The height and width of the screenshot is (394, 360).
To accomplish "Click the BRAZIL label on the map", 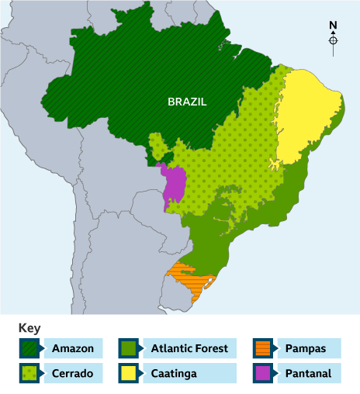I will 188,102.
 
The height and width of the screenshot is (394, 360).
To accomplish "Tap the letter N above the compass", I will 333,25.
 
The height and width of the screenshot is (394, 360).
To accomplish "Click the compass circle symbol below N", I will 333,40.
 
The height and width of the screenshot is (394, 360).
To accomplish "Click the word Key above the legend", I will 29,328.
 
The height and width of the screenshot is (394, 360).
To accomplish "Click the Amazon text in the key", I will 72,348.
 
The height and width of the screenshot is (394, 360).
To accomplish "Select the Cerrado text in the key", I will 72,373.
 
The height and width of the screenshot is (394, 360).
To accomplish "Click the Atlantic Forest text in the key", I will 189,348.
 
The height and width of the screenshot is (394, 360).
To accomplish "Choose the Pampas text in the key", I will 306,348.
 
